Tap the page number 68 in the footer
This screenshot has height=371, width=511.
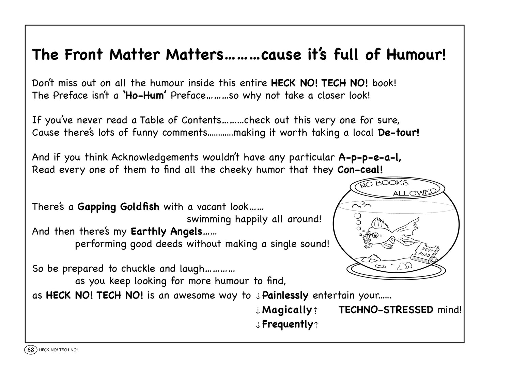click(31, 350)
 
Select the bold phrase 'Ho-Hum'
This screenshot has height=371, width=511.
click(144, 96)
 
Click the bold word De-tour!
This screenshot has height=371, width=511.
click(399, 133)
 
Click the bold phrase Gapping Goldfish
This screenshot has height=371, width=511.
click(118, 207)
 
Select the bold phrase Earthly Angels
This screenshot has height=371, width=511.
click(167, 232)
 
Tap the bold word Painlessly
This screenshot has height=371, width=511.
click(285, 296)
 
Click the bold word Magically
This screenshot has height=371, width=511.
click(287, 310)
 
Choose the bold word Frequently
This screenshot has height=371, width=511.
click(287, 324)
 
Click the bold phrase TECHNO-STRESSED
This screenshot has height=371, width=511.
click(386, 310)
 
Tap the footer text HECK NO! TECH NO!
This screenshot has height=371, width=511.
click(58, 350)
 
